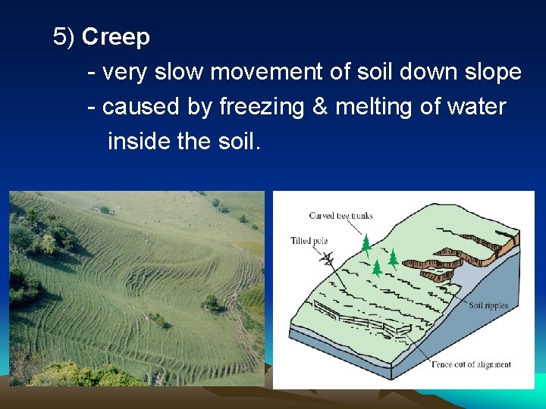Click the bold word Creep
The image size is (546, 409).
coord(116,36)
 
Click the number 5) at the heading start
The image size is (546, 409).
coord(64,36)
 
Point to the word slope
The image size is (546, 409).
coord(492,72)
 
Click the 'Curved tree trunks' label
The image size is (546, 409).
coord(340,216)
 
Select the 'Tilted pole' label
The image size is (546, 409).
coord(309,241)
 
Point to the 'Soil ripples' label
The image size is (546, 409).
coord(488,306)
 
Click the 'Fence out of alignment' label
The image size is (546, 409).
coord(471,364)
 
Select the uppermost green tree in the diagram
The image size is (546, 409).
coord(366,242)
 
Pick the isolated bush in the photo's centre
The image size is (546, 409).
coord(212,303)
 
